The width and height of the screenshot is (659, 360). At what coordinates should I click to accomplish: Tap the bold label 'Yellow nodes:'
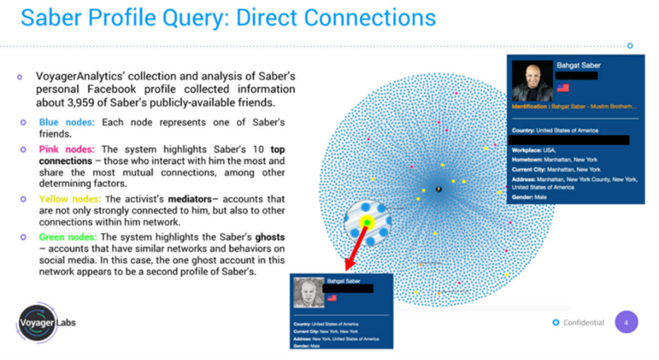[x=68, y=199]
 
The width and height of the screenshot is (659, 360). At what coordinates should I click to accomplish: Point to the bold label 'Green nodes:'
[x=68, y=237]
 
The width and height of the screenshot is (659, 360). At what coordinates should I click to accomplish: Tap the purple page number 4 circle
[x=626, y=322]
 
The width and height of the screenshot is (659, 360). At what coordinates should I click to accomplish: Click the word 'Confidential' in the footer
[x=582, y=323]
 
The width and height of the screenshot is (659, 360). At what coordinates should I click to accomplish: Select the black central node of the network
[x=438, y=189]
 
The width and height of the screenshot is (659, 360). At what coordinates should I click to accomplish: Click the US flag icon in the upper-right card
[x=563, y=87]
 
